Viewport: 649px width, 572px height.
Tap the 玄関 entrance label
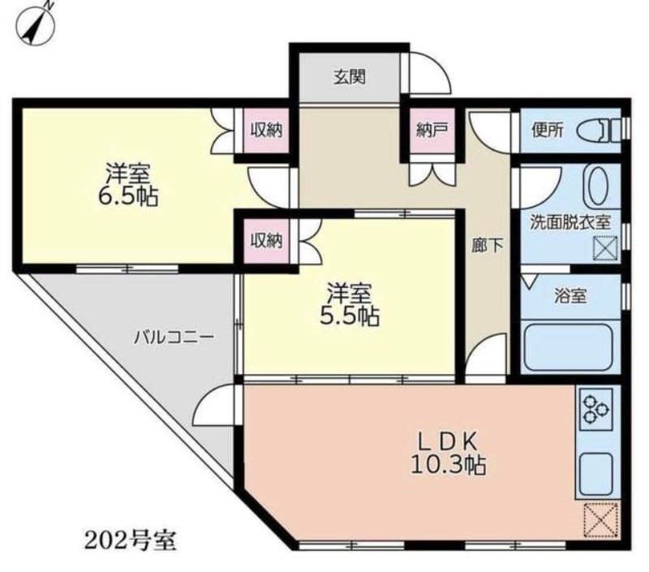click(x=350, y=77)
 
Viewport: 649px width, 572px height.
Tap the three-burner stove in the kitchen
click(x=595, y=408)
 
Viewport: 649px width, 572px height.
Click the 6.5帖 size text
click(x=128, y=198)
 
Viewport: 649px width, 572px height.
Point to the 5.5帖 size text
click(x=350, y=316)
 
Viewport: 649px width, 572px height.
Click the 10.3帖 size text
click(x=449, y=465)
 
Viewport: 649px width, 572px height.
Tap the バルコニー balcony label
click(x=174, y=338)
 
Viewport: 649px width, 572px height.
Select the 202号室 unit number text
click(x=131, y=540)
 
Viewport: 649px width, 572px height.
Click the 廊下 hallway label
click(x=488, y=246)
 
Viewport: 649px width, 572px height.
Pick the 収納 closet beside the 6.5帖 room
click(x=266, y=131)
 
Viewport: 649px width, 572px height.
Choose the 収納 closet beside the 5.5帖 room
click(x=267, y=240)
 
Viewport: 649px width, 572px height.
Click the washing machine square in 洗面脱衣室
click(x=605, y=249)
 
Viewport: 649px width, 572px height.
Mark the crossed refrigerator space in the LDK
click(x=602, y=521)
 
